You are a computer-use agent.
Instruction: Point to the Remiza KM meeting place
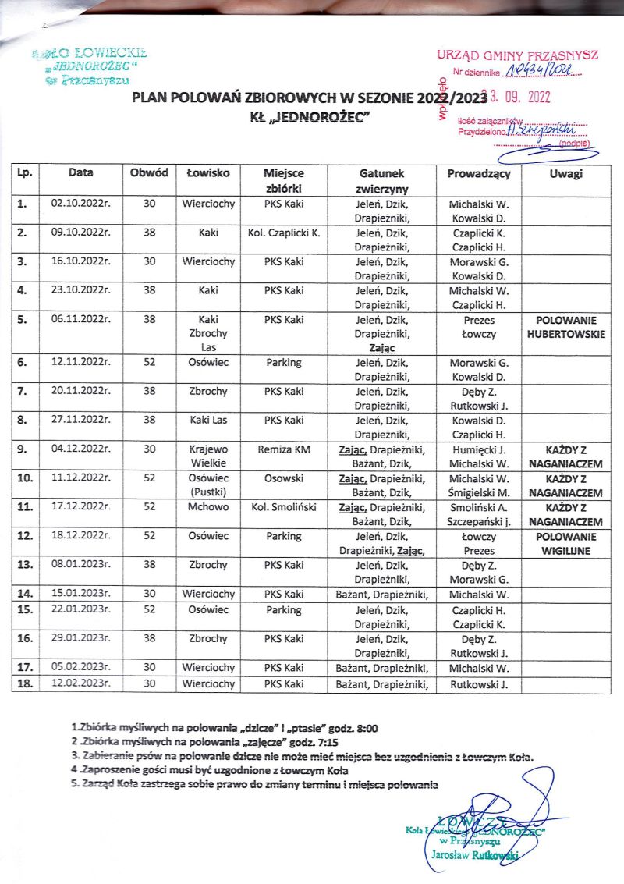click(x=283, y=449)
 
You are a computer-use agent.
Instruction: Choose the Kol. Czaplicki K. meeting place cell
click(x=283, y=233)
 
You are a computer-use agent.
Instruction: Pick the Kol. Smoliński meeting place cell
click(x=283, y=507)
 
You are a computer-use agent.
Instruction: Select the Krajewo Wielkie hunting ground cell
click(x=207, y=456)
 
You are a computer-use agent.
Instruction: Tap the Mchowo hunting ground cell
click(x=207, y=507)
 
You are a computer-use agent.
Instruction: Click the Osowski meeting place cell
click(x=283, y=478)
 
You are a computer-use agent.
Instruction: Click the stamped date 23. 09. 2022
click(x=515, y=98)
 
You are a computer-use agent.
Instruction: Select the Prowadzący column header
click(x=478, y=174)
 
